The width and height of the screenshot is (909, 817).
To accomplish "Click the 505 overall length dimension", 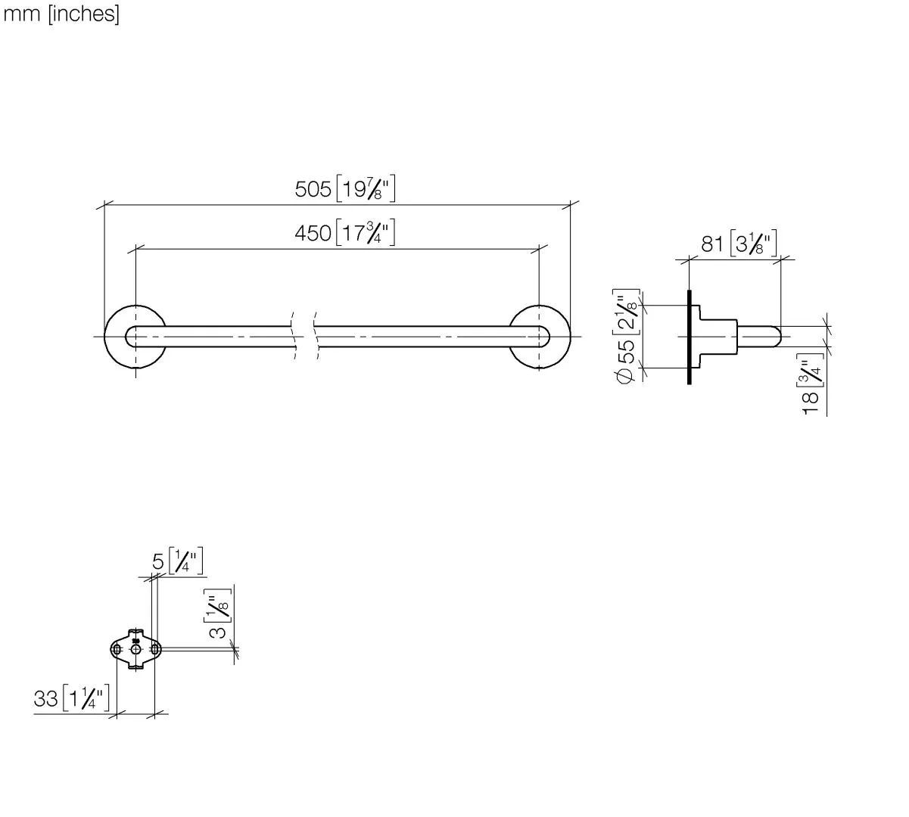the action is pyautogui.click(x=313, y=189).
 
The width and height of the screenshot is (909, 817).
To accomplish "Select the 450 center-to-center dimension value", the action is pyautogui.click(x=313, y=233).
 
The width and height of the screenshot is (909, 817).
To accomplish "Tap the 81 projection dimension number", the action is pyautogui.click(x=712, y=244).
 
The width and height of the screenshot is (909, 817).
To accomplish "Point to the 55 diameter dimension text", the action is pyautogui.click(x=626, y=351).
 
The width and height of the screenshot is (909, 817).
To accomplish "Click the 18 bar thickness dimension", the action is pyautogui.click(x=811, y=403).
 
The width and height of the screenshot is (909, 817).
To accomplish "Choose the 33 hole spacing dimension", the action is pyautogui.click(x=45, y=698).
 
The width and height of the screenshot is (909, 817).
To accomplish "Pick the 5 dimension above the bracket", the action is pyautogui.click(x=157, y=562).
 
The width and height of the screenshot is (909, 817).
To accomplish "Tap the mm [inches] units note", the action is pyautogui.click(x=61, y=14).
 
